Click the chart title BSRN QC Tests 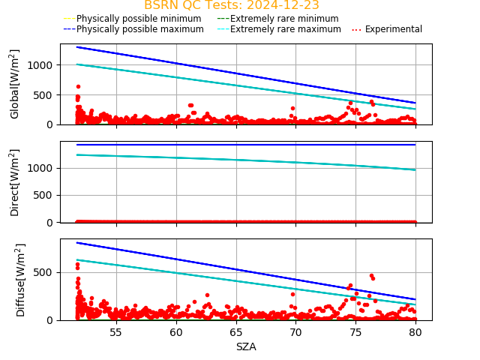[231, 5]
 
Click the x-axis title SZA [246, 346]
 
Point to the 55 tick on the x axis [116, 332]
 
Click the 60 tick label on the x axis [175, 332]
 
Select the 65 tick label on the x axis [235, 332]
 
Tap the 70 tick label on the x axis [295, 332]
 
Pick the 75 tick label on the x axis [355, 332]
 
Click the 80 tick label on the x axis [415, 332]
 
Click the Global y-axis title [15, 84]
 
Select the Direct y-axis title [15, 182]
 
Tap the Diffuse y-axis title [21, 279]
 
